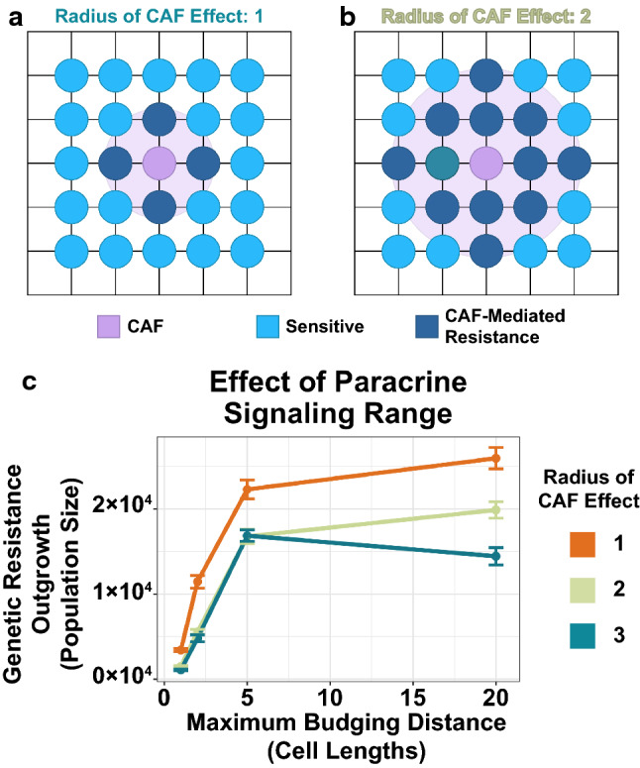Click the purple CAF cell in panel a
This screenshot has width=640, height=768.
[159, 163]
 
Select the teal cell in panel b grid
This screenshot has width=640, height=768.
[441, 163]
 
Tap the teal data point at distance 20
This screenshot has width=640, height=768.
[496, 556]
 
